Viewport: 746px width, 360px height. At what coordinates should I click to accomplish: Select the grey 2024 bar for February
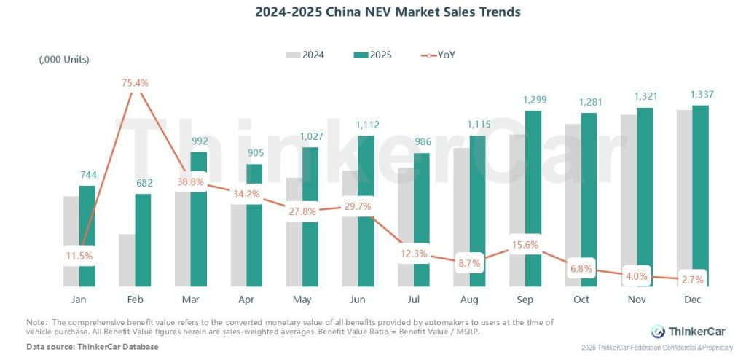pyautogui.click(x=127, y=260)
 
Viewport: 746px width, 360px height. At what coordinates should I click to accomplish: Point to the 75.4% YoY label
pyautogui.click(x=135, y=82)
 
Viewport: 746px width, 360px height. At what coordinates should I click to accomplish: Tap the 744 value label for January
pyautogui.click(x=87, y=174)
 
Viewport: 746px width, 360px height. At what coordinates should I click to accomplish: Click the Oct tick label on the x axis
pyautogui.click(x=581, y=300)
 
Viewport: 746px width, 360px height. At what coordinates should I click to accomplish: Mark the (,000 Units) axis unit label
pyautogui.click(x=64, y=59)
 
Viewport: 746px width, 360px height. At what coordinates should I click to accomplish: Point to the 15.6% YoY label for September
pyautogui.click(x=525, y=245)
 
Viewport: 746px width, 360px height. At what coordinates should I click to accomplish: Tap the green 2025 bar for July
pyautogui.click(x=421, y=219)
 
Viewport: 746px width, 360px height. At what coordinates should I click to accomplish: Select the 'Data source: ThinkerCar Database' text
pyautogui.click(x=93, y=346)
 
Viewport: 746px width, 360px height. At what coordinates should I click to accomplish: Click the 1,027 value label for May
pyautogui.click(x=310, y=136)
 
